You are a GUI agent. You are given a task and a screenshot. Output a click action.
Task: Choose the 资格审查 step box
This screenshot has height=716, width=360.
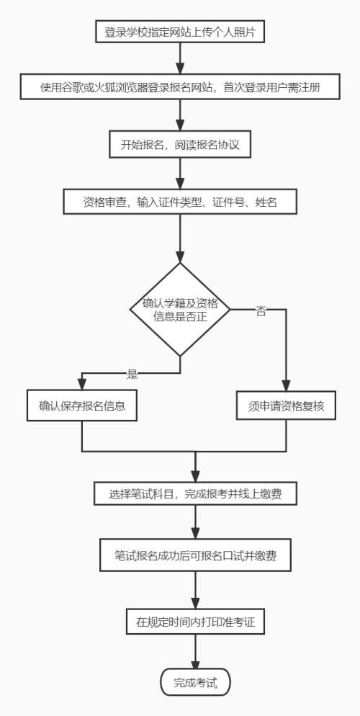coord(180,202)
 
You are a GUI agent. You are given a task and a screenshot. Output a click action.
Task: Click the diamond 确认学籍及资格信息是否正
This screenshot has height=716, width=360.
coord(180,309)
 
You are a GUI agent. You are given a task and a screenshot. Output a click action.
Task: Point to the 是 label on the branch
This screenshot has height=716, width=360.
coord(132,373)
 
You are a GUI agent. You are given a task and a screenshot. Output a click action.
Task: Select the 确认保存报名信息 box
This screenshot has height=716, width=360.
coord(82,406)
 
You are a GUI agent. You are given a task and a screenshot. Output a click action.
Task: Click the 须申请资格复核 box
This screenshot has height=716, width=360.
coord(287,406)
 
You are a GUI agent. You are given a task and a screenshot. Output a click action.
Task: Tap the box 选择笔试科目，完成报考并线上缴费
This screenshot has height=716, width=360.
coord(195,494)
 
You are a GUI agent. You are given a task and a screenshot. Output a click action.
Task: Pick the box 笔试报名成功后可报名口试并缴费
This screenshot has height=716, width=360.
coord(195,555)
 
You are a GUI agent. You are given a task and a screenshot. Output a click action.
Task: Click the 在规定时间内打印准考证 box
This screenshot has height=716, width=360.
coord(195,622)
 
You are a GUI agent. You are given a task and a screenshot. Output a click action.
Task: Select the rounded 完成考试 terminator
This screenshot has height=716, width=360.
coord(195,681)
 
